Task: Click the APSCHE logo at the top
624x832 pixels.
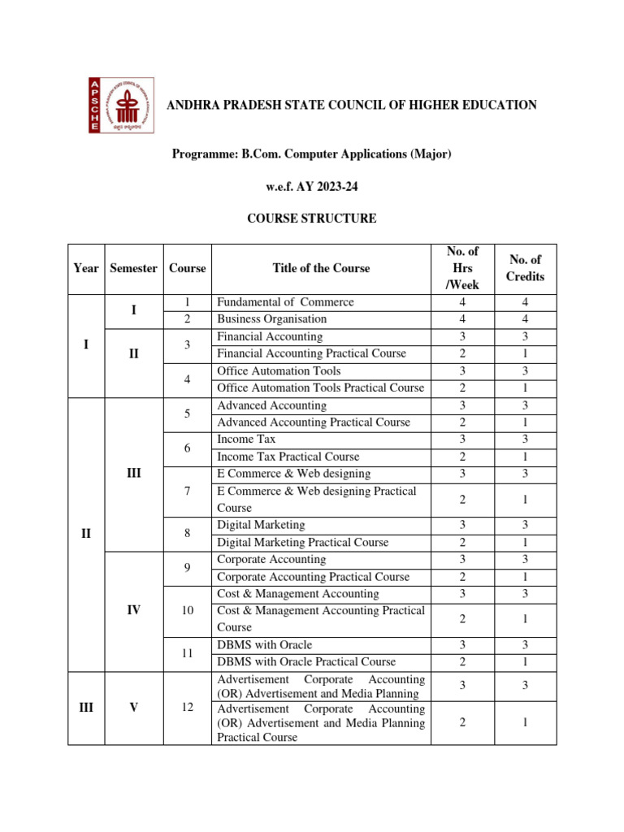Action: click(120, 106)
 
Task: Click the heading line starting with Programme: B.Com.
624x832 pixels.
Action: click(311, 154)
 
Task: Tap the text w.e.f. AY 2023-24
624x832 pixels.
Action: click(311, 186)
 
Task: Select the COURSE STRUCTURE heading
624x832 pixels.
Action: click(311, 219)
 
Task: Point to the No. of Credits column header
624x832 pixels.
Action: click(525, 268)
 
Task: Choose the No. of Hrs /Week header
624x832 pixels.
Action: click(462, 268)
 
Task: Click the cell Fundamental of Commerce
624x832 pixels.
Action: click(285, 302)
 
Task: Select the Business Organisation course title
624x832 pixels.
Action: click(271, 319)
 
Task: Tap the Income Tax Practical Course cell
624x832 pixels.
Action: click(288, 457)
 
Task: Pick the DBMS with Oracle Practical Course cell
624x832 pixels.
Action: click(306, 661)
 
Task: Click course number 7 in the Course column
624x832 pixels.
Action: click(187, 491)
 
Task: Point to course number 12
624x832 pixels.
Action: click(187, 708)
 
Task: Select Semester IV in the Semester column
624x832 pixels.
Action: click(133, 610)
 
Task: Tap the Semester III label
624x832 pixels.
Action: click(133, 473)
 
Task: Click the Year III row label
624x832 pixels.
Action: click(86, 708)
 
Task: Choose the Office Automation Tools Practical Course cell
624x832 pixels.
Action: click(320, 388)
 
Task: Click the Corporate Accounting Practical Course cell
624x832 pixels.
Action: click(313, 577)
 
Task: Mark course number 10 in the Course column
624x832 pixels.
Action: click(187, 610)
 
